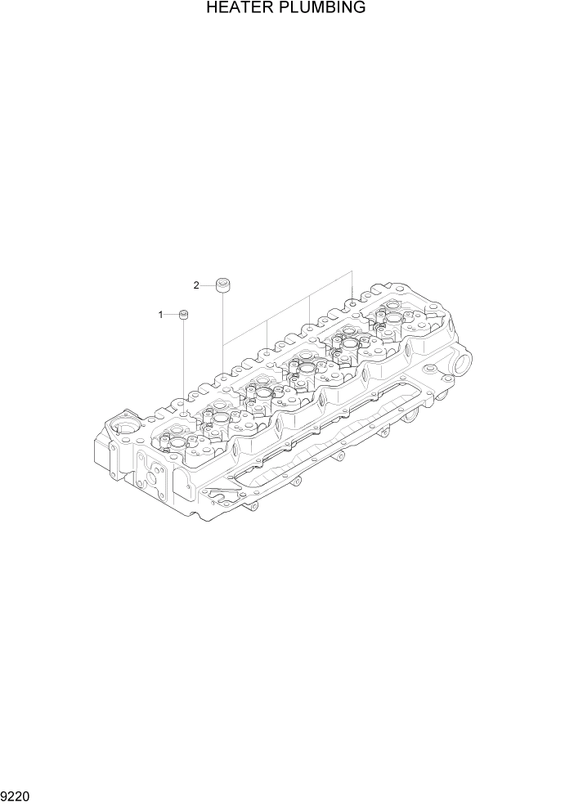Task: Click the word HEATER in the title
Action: click(235, 9)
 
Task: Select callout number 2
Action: click(196, 285)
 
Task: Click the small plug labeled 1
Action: click(184, 315)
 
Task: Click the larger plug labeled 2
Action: click(222, 285)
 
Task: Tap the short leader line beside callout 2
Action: click(208, 285)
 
